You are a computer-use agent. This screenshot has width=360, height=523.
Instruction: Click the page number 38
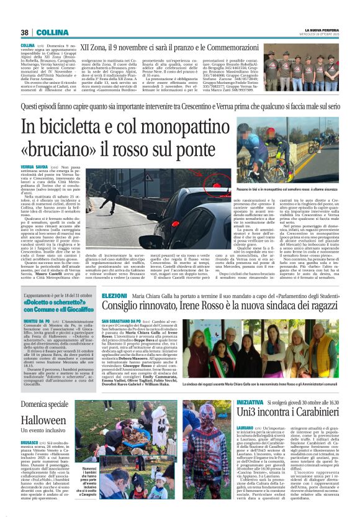[25, 32]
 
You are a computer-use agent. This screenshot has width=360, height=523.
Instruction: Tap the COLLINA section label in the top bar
[47, 32]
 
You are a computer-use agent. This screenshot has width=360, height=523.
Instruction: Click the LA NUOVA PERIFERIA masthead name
[321, 30]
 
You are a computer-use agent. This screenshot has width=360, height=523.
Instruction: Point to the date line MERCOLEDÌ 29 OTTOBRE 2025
[320, 35]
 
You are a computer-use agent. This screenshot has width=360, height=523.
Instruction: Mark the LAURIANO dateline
[231, 429]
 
